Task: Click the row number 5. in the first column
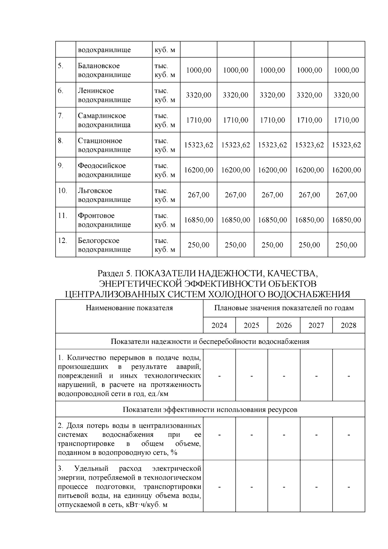[60, 66]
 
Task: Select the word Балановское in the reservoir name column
[99, 66]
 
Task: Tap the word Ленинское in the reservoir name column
[96, 91]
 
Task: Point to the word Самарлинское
[102, 116]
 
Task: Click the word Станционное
[100, 141]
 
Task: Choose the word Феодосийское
[102, 166]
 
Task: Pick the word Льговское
[95, 191]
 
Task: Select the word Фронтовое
[96, 215]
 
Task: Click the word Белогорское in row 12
[98, 241]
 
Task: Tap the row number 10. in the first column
[62, 191]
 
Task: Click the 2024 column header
[219, 325]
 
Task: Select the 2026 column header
[284, 325]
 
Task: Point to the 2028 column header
[349, 325]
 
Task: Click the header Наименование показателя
[129, 308]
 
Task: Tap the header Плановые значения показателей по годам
[284, 308]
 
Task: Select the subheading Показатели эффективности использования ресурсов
[210, 410]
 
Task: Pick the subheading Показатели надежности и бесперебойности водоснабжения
[210, 342]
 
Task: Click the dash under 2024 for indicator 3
[220, 487]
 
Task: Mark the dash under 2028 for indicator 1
[349, 376]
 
